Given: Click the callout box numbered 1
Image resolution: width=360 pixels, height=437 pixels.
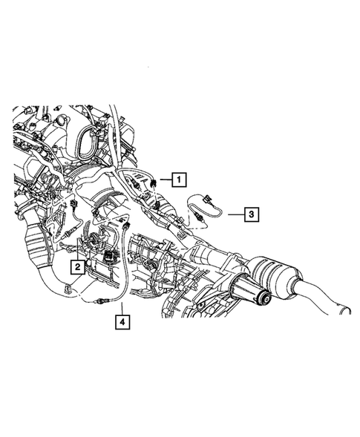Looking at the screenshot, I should pos(178,179).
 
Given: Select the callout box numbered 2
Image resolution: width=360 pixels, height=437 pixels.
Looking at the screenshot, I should pos(76,264).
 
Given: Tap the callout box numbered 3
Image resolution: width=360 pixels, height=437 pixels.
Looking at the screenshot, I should pos(252,215).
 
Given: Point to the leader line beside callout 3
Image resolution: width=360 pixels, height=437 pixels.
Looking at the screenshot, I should pos(235,214).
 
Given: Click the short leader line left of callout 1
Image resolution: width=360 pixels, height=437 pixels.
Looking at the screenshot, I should pos(164,179).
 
